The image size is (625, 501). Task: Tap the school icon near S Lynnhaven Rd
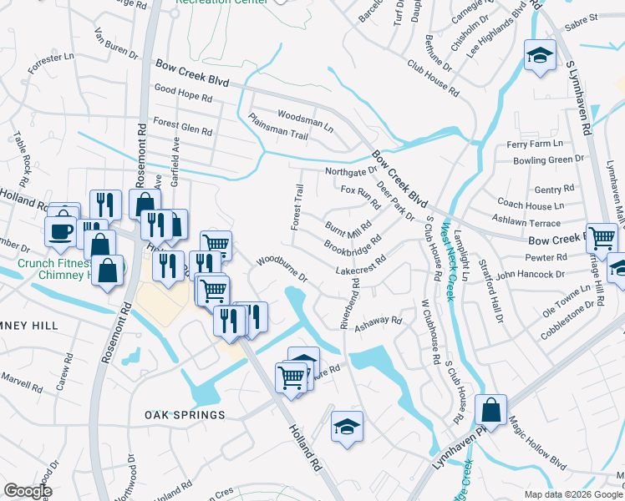point(540,56)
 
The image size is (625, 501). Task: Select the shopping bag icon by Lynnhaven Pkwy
point(490,410)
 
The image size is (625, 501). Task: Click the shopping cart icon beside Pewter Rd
point(601,238)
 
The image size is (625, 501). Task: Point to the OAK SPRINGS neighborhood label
point(185,415)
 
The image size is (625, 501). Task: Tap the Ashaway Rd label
point(378,322)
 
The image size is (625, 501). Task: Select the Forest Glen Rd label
point(183,127)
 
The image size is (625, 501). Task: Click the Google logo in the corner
point(28,490)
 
